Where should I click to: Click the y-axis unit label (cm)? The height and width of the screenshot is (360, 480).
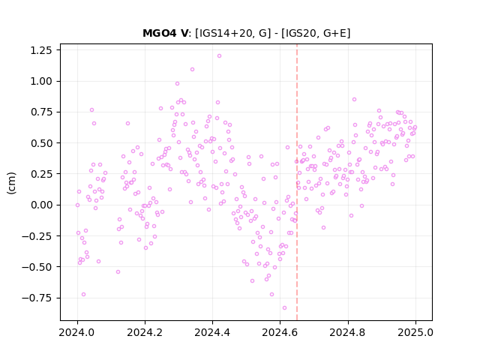click(x=11, y=183)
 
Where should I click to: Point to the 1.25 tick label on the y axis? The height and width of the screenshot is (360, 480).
click(x=41, y=50)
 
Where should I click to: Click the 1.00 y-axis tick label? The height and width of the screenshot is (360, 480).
click(x=41, y=81)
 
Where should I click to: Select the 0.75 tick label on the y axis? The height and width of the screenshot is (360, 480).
click(x=41, y=112)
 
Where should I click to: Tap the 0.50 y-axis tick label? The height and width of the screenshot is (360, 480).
click(x=41, y=143)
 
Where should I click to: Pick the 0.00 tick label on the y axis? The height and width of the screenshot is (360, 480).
click(x=41, y=205)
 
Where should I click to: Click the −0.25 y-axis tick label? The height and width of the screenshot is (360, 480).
click(x=37, y=235)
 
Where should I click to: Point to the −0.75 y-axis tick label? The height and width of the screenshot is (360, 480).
click(x=37, y=298)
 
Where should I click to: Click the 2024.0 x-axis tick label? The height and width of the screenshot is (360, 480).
click(x=77, y=332)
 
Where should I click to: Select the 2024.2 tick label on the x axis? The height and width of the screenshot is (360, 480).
click(x=145, y=332)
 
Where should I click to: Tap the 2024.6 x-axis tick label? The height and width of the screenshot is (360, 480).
click(x=280, y=332)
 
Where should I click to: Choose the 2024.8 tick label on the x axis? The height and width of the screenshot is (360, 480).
click(x=347, y=332)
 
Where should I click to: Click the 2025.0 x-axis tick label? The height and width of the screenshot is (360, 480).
click(x=415, y=332)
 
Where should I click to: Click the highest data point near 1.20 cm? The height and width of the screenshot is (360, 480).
click(x=219, y=56)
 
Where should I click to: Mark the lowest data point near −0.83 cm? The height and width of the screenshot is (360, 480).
click(x=284, y=307)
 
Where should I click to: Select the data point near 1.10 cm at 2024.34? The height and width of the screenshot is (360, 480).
click(x=192, y=69)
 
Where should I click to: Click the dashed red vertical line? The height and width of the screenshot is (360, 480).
click(x=297, y=182)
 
